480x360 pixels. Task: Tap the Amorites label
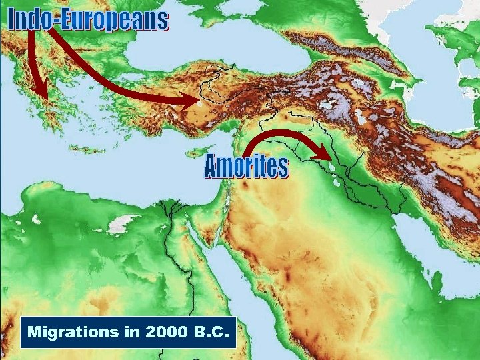coord(246,167)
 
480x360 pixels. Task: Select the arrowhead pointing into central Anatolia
coord(199,101)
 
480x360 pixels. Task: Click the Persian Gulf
coord(427,247)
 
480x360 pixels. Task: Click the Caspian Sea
coord(440,73)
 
